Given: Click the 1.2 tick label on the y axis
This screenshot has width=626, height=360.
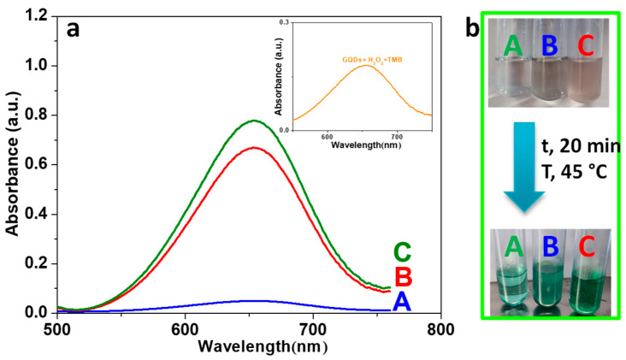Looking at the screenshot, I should pyautogui.click(x=36, y=16).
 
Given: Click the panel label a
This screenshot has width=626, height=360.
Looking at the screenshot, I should pyautogui.click(x=74, y=28).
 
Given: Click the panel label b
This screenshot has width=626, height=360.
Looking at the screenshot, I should pyautogui.click(x=471, y=27).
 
